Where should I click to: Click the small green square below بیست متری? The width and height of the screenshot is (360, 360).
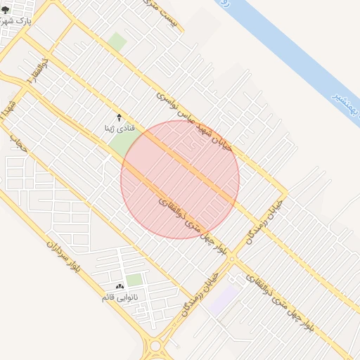pos(117,41)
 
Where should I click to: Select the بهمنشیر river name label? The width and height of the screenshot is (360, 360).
pos(346,105)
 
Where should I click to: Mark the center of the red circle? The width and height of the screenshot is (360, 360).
pos(180,179)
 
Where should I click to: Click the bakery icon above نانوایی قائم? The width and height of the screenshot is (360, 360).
pos(118,286)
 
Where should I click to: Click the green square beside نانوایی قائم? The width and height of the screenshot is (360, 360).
pos(134,280)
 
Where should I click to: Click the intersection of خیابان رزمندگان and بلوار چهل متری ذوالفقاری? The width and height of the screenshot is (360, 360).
pos(232,261)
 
